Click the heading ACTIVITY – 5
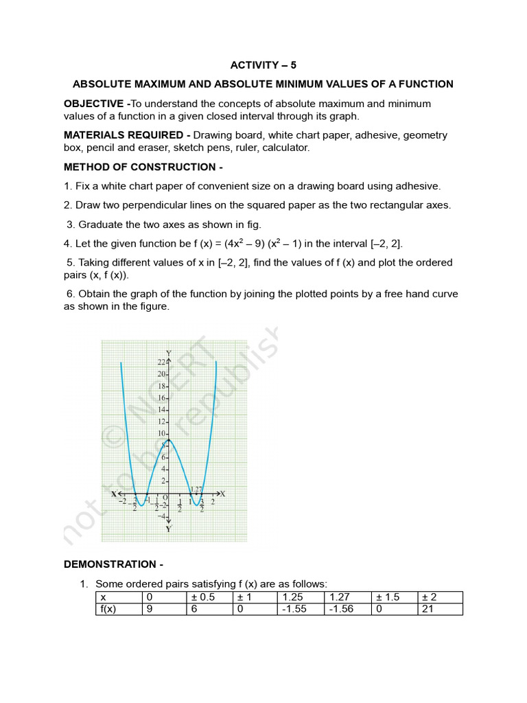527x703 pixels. pyautogui.click(x=263, y=65)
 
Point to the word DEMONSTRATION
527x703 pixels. pyautogui.click(x=113, y=564)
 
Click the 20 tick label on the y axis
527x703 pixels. pyautogui.click(x=161, y=374)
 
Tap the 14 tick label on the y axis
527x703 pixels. pyautogui.click(x=161, y=409)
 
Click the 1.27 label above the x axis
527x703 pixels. pyautogui.click(x=196, y=489)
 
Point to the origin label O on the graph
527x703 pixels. pyautogui.click(x=165, y=498)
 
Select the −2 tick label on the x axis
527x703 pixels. pyautogui.click(x=121, y=502)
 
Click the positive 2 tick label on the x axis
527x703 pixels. pyautogui.click(x=213, y=502)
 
